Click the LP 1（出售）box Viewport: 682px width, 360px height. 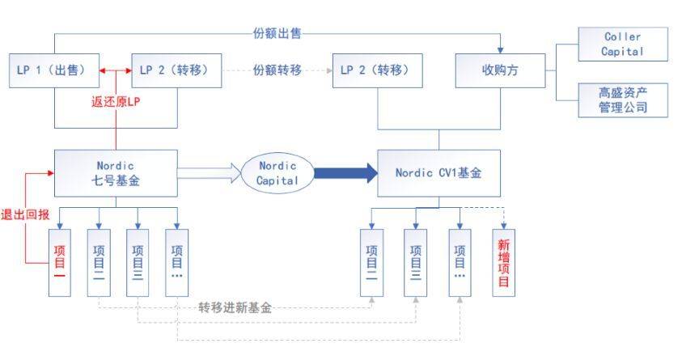click(x=54, y=70)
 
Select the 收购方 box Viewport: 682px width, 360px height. click(x=500, y=70)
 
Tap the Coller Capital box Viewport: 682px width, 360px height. click(x=623, y=44)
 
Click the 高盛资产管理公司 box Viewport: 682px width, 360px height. click(x=623, y=100)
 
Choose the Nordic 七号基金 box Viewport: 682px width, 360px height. click(x=116, y=173)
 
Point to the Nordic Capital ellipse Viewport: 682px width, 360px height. click(x=277, y=173)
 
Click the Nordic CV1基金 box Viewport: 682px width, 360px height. click(x=438, y=173)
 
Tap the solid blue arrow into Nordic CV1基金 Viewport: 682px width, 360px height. click(x=345, y=173)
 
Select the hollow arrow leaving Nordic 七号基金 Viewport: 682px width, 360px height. click(x=210, y=173)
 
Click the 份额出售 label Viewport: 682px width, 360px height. click(x=277, y=33)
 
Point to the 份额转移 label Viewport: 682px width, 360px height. click(x=277, y=70)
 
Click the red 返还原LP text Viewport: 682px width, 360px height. click(x=116, y=102)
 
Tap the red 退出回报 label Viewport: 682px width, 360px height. click(x=25, y=214)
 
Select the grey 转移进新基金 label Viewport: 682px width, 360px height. click(x=235, y=308)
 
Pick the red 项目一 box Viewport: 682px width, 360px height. click(x=60, y=263)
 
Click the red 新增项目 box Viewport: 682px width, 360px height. click(x=504, y=263)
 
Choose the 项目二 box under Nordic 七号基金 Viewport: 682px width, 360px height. click(x=99, y=263)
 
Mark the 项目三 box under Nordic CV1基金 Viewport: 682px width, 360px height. click(x=415, y=263)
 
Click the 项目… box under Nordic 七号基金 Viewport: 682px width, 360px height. click(x=177, y=263)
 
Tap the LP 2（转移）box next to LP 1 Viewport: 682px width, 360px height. click(x=176, y=70)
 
